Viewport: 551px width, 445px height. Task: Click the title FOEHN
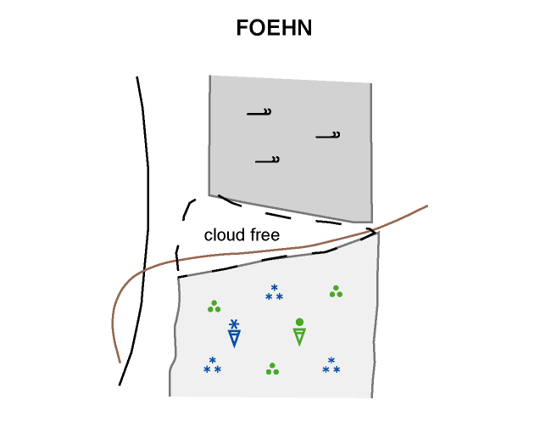[x=275, y=29]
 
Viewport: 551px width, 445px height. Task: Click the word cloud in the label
[x=222, y=235]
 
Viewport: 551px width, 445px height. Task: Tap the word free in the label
[x=262, y=235]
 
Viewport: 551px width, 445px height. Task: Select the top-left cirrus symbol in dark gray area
[x=259, y=112]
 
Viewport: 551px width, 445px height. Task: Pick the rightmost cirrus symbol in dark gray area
[x=328, y=135]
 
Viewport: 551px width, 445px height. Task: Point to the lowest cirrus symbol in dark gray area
[x=268, y=160]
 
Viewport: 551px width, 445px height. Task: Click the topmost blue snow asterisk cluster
[x=274, y=293]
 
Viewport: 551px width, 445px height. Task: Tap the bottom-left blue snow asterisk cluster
[x=213, y=366]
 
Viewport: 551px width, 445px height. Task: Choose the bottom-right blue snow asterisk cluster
[x=331, y=366]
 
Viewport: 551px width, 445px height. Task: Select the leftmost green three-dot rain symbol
[x=214, y=306]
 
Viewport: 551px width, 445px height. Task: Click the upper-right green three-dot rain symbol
[x=337, y=291]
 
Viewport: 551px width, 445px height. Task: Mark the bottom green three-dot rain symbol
[x=272, y=369]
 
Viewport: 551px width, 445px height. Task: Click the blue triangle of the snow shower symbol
[x=235, y=338]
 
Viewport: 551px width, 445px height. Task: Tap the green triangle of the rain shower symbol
[x=299, y=336]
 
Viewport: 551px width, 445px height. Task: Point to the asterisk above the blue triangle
[x=235, y=324]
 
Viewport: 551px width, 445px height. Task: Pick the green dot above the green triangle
[x=299, y=322]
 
